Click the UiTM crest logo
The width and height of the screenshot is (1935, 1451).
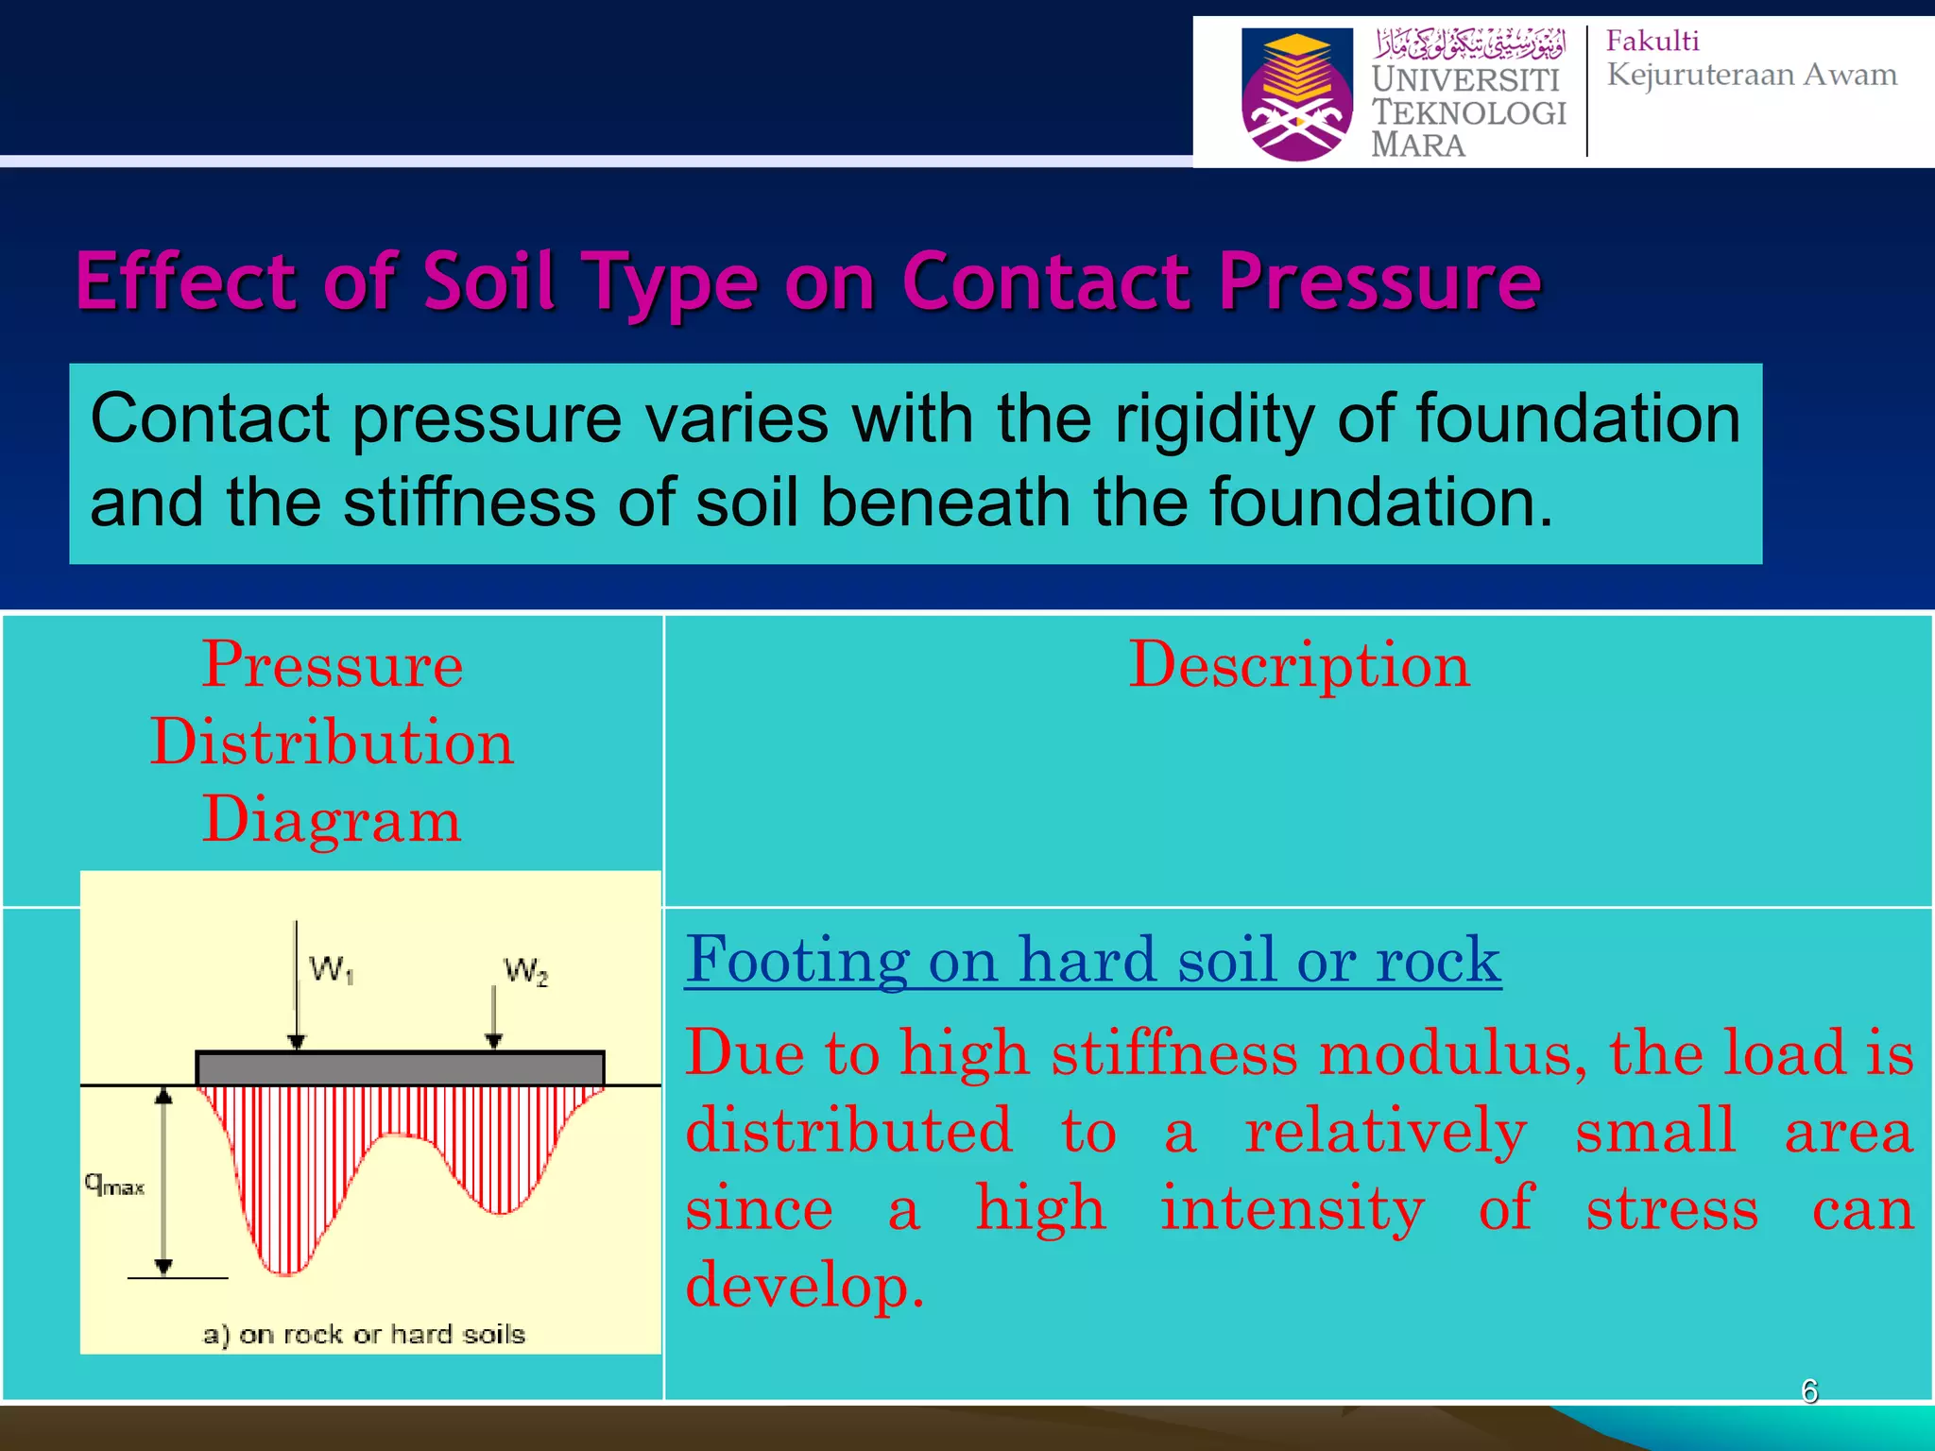[x=1296, y=94]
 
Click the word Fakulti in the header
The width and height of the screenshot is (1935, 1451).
[x=1652, y=42]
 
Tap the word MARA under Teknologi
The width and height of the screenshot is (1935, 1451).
[x=1417, y=145]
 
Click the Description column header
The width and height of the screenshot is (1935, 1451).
[x=1299, y=664]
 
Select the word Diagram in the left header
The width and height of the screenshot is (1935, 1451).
[x=332, y=819]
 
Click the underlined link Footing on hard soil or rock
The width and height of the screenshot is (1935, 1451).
[x=1092, y=961]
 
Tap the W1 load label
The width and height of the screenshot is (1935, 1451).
[x=331, y=969]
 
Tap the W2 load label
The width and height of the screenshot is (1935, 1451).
[x=525, y=971]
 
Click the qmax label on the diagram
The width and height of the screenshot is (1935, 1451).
[x=114, y=1185]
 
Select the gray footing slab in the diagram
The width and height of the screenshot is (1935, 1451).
[x=400, y=1068]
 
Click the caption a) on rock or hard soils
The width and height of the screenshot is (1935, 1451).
[x=364, y=1334]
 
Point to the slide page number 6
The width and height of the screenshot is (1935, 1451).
[x=1809, y=1391]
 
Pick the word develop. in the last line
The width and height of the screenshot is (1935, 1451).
[x=804, y=1286]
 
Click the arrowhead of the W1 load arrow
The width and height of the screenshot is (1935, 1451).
[x=297, y=1042]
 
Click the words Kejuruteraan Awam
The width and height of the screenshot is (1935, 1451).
[x=1752, y=75]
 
